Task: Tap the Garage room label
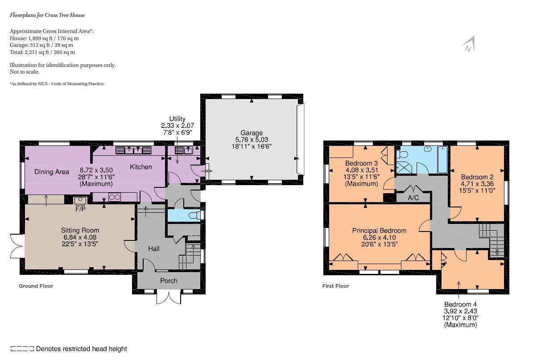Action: point(252,133)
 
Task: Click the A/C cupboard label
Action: point(413,198)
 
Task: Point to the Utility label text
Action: point(177,119)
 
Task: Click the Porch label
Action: point(169,281)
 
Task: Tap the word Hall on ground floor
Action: point(154,248)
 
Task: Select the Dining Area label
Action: point(52,172)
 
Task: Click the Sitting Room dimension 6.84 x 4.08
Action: point(80,237)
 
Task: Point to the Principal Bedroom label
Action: point(379,231)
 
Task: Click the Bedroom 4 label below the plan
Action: point(460,305)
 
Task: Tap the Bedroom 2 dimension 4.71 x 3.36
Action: point(477,184)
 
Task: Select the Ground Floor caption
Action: point(36,286)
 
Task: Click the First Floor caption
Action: point(335,286)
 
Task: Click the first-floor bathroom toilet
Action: point(403,155)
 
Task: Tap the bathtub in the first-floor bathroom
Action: point(442,159)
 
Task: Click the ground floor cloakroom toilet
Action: point(195,216)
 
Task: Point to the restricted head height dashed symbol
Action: point(22,349)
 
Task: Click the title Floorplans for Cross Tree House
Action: point(47,15)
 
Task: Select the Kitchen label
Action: point(141,167)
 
